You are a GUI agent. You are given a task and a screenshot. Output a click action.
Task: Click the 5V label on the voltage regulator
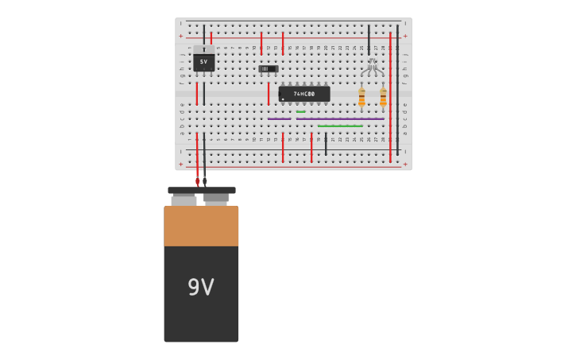[203, 62]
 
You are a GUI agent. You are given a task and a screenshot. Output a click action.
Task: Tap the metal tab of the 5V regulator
[203, 49]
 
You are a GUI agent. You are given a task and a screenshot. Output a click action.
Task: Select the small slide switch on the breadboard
[269, 69]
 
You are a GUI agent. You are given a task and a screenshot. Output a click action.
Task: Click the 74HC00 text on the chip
[304, 94]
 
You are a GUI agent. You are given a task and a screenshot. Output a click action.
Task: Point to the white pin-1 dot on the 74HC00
[283, 99]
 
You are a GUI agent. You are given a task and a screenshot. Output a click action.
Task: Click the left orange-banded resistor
[361, 97]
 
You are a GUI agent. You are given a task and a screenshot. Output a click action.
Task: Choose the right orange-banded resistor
[383, 97]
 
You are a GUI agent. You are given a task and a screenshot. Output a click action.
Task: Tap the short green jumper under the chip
[300, 112]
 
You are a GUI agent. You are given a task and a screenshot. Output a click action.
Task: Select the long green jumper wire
[340, 126]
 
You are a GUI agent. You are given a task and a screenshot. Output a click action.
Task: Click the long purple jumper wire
[340, 119]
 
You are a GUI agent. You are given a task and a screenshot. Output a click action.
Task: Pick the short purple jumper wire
[279, 119]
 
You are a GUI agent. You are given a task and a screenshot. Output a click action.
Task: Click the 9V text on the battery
[201, 287]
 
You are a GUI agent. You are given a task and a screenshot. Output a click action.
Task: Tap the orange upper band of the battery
[201, 226]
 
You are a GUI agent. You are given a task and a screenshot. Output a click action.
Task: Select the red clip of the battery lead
[197, 181]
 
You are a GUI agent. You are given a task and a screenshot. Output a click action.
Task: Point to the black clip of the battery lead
[205, 181]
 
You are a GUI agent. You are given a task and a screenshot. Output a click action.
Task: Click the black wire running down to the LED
[369, 40]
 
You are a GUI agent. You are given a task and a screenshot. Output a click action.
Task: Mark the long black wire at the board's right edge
[397, 87]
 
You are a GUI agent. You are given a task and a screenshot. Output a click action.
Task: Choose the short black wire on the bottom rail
[326, 145]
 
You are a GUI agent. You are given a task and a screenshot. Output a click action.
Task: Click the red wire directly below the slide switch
[269, 93]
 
